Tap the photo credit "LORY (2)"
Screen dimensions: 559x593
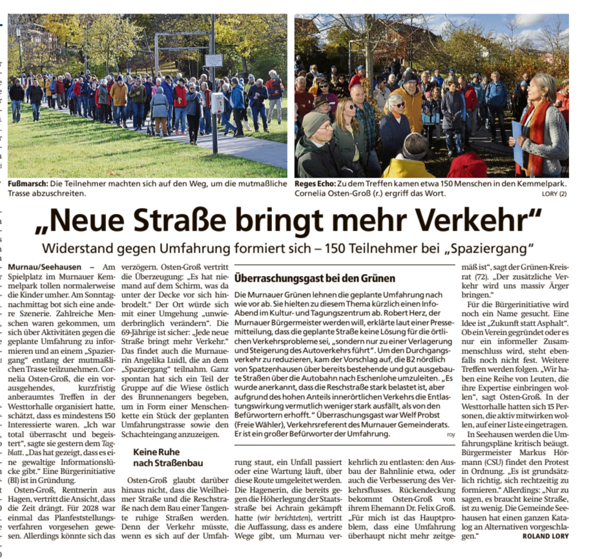coord(554,193)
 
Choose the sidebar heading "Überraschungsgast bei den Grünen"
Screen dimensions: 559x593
coord(315,279)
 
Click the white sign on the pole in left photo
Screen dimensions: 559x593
coord(213,60)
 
